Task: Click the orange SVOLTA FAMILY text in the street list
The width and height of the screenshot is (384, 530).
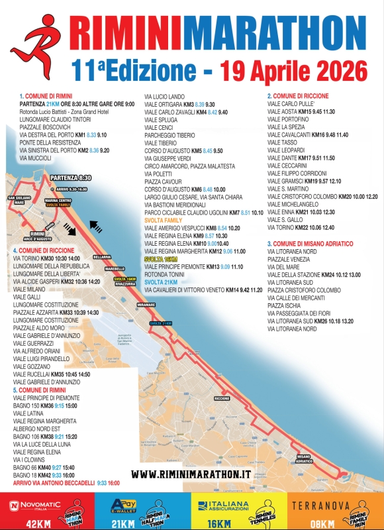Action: tap(163, 221)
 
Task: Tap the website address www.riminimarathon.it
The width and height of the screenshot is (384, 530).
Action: tap(191, 474)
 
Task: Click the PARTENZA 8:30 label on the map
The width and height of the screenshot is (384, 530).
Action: tap(70, 178)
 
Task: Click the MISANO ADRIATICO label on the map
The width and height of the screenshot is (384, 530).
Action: tap(303, 459)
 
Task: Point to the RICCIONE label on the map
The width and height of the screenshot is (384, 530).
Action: tap(222, 399)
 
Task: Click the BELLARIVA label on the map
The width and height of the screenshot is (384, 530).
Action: tap(101, 256)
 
